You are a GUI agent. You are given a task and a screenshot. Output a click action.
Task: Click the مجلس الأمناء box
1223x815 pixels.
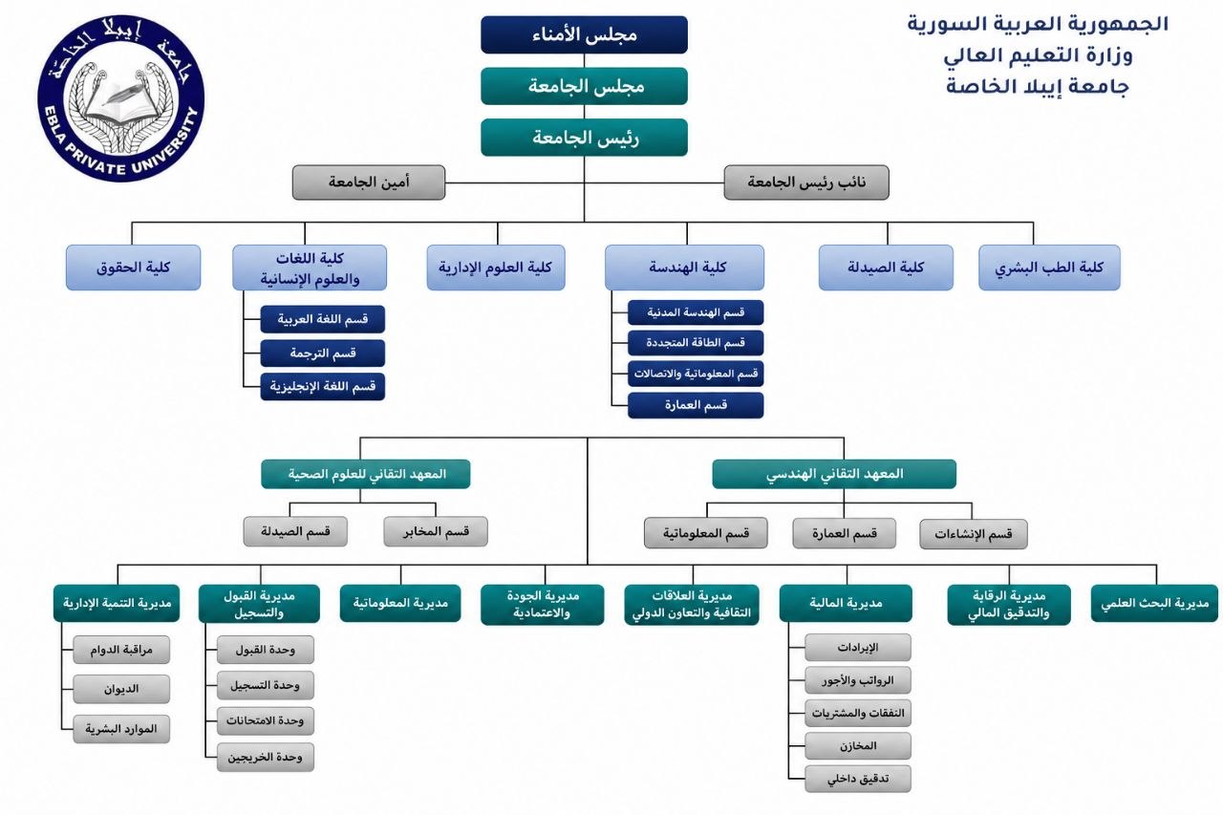(x=584, y=34)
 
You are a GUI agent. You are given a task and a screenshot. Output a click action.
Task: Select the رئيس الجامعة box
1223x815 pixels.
(x=584, y=138)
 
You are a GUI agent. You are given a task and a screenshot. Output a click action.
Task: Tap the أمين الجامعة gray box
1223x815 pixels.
(x=369, y=182)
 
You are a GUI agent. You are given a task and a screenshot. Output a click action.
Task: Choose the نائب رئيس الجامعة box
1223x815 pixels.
(x=805, y=182)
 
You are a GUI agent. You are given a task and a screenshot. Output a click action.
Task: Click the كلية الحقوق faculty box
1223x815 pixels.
(x=133, y=268)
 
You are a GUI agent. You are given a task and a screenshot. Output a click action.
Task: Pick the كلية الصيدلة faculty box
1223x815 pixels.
(x=886, y=268)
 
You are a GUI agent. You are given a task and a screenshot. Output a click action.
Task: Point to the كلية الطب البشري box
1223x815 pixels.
(x=1049, y=268)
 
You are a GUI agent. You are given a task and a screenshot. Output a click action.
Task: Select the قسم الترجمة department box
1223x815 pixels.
(x=323, y=354)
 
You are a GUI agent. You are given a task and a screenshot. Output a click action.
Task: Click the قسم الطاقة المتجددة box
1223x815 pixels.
(x=696, y=343)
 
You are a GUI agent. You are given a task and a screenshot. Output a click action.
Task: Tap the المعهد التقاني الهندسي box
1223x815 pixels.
(x=834, y=474)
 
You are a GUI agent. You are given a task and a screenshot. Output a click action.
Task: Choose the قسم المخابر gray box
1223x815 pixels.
(x=436, y=531)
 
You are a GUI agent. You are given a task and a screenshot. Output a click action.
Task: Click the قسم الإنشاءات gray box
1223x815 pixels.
(x=973, y=534)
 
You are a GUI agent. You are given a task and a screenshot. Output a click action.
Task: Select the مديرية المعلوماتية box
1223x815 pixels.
(x=400, y=603)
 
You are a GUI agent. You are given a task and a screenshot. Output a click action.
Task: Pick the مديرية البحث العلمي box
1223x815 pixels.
(x=1154, y=603)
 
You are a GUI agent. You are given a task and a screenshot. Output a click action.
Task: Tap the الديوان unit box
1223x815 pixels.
(x=121, y=689)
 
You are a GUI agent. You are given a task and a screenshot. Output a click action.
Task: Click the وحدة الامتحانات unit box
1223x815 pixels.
(x=265, y=721)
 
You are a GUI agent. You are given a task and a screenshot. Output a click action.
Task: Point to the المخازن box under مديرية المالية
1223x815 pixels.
(x=858, y=745)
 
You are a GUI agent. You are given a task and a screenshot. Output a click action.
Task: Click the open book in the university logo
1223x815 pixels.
(x=120, y=104)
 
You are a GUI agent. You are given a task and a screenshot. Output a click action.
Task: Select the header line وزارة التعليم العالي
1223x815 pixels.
(x=1038, y=55)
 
